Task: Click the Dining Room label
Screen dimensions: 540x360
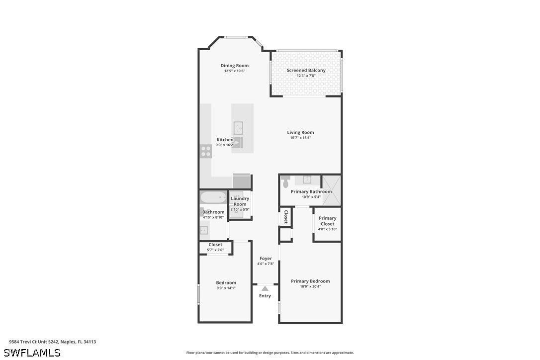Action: click(235, 66)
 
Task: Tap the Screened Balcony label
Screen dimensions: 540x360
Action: click(306, 70)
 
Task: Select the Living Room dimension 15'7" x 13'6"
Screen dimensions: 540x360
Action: click(301, 138)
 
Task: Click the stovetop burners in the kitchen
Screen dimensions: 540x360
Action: click(206, 151)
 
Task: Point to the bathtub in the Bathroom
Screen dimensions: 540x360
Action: click(213, 198)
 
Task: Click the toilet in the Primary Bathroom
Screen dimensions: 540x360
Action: click(285, 181)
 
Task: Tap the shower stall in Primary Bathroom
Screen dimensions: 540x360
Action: click(331, 191)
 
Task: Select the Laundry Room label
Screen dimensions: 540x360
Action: click(240, 201)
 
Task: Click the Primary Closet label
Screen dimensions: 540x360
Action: click(328, 221)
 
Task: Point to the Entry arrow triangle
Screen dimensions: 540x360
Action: click(265, 289)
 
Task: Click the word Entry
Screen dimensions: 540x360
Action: click(265, 296)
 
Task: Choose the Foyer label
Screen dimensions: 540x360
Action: click(266, 259)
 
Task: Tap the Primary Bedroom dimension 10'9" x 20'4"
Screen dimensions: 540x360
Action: click(310, 286)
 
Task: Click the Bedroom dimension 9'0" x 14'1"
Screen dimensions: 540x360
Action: click(226, 288)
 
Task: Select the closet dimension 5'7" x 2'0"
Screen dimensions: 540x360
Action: click(215, 250)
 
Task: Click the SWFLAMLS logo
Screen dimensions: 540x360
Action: click(32, 353)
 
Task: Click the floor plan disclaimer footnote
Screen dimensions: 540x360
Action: click(270, 353)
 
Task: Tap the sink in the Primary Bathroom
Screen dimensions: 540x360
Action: click(307, 180)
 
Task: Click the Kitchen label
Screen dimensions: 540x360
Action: click(225, 140)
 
